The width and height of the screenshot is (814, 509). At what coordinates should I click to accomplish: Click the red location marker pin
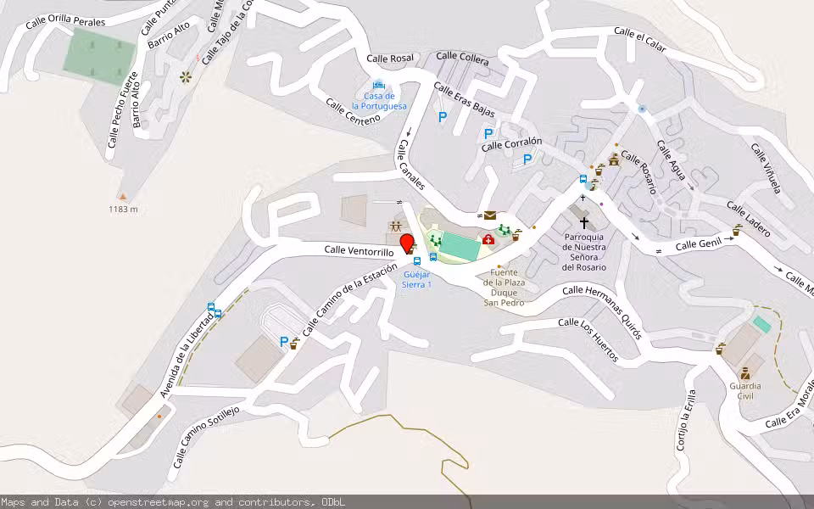click(x=407, y=244)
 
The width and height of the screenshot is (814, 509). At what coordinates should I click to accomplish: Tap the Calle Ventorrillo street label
click(x=359, y=251)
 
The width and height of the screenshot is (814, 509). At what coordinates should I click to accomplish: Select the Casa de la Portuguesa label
click(x=379, y=101)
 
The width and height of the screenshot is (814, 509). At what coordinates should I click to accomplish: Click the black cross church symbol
click(x=583, y=223)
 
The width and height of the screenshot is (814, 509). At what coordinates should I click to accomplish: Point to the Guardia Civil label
click(x=744, y=390)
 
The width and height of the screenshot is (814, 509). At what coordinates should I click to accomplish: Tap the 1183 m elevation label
click(x=123, y=210)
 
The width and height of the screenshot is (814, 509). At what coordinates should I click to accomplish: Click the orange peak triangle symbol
click(x=122, y=195)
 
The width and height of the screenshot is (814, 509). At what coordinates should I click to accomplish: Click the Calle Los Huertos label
click(x=588, y=339)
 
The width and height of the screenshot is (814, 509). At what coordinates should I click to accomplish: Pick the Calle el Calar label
click(x=640, y=39)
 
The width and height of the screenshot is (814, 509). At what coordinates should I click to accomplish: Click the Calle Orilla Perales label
click(x=64, y=20)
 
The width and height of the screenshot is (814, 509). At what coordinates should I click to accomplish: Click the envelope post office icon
click(x=490, y=215)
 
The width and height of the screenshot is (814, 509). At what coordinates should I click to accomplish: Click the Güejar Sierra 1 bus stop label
click(x=417, y=279)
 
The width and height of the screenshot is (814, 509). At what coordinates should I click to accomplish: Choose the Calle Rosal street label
click(x=390, y=59)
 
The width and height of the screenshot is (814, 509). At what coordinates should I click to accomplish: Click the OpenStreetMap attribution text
click(x=173, y=502)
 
